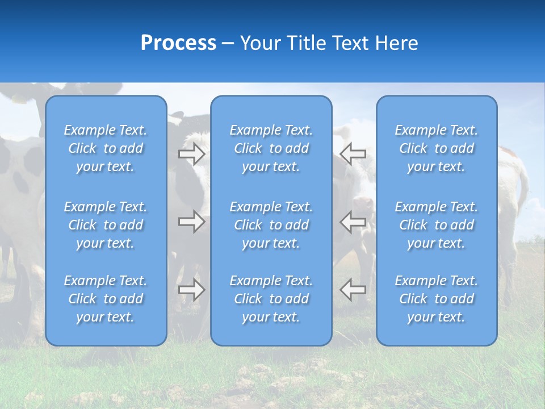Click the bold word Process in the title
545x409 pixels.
point(178,43)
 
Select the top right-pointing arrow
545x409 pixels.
point(192,154)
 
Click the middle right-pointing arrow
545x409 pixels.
point(192,222)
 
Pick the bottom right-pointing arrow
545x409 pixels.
point(192,290)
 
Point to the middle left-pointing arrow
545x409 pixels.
point(353,222)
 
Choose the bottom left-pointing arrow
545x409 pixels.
point(353,290)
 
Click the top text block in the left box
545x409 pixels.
point(106,148)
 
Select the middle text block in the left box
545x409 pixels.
point(106,225)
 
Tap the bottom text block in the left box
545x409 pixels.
point(106,299)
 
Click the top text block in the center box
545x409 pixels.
point(271,148)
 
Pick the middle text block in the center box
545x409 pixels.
point(271,225)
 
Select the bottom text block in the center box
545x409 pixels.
point(271,299)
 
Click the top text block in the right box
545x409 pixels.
point(437,148)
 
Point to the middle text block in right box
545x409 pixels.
point(437,225)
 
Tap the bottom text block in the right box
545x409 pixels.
point(437,299)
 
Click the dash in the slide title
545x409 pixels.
point(228,44)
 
